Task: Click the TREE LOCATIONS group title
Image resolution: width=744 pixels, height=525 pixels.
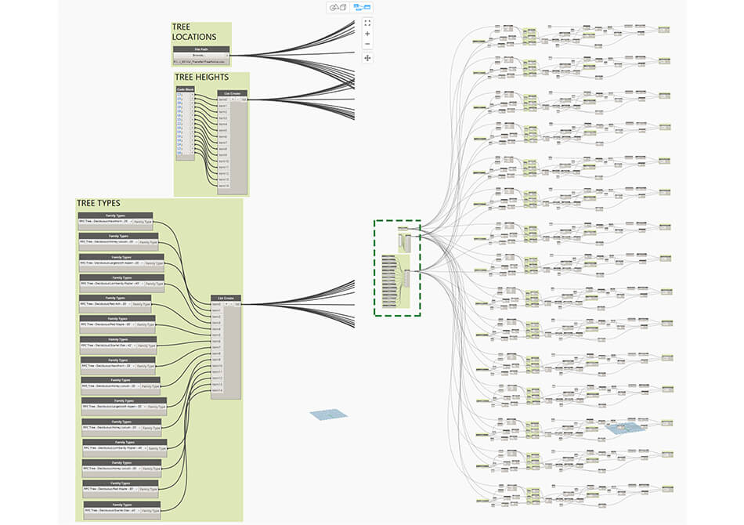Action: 194,32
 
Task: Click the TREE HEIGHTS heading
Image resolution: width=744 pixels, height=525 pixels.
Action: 201,77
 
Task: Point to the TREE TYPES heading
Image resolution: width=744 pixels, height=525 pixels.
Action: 98,203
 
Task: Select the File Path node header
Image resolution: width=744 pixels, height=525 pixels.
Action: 200,49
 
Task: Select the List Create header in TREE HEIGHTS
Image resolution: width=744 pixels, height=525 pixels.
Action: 233,92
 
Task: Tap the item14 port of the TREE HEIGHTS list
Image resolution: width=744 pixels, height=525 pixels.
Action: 224,186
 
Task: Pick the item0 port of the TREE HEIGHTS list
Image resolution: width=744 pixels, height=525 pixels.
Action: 224,100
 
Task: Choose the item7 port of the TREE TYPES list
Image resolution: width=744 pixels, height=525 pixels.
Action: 216,348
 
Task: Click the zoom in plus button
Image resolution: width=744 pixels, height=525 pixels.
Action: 367,34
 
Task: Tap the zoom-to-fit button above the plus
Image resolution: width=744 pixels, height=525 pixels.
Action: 367,23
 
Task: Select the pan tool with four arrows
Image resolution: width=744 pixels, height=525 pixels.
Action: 367,58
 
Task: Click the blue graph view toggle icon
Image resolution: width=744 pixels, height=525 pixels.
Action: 362,7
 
